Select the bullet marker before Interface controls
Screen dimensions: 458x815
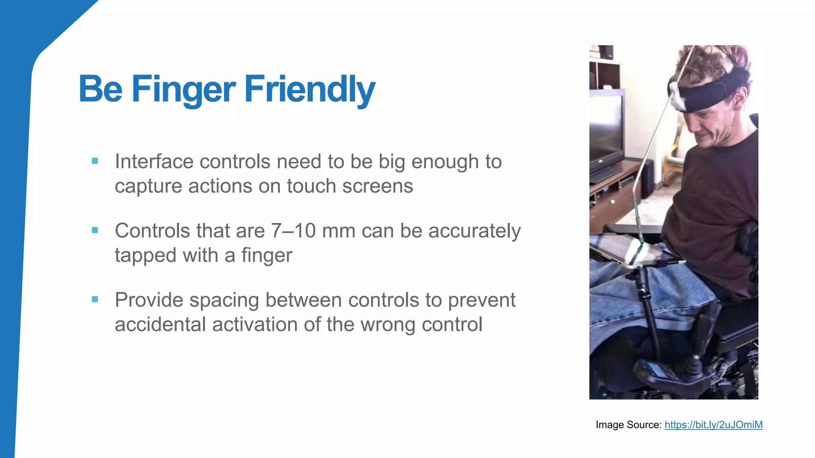click(x=95, y=161)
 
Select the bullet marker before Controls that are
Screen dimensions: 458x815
click(x=95, y=230)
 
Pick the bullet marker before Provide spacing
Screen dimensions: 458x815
click(x=95, y=299)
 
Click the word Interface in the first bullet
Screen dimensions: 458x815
click(x=154, y=162)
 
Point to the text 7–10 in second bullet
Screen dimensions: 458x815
click(x=293, y=231)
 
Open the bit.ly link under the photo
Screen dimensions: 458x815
click(x=714, y=425)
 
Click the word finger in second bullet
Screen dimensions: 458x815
click(x=267, y=255)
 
